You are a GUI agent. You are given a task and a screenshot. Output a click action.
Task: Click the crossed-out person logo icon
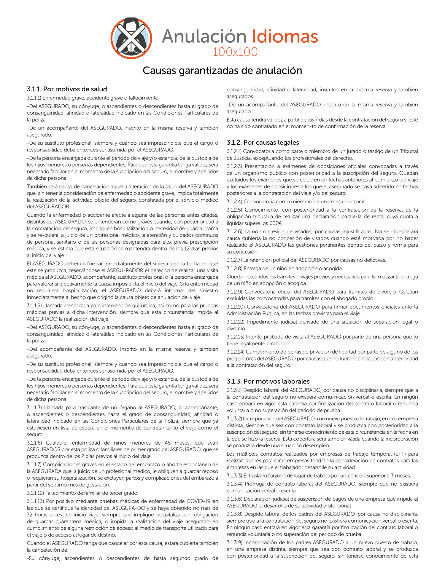(131, 38)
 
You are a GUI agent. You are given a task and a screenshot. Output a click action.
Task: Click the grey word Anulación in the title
(204, 36)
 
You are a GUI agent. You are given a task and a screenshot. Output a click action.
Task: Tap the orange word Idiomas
(285, 36)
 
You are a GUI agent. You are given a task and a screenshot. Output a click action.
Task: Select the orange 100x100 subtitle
(235, 52)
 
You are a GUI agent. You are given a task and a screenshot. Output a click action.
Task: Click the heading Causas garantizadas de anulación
(222, 71)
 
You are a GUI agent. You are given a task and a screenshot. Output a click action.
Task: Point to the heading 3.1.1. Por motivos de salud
(67, 89)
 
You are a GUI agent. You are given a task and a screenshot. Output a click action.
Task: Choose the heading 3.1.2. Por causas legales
(263, 143)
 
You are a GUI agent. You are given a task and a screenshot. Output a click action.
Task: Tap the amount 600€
(276, 223)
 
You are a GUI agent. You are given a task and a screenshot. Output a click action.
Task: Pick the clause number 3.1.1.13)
(36, 501)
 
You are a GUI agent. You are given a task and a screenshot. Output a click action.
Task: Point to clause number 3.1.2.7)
(234, 260)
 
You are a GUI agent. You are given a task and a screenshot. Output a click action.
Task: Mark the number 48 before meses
(168, 443)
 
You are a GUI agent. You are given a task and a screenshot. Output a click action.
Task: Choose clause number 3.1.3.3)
(234, 475)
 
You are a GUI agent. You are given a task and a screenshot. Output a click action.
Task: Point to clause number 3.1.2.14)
(236, 352)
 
